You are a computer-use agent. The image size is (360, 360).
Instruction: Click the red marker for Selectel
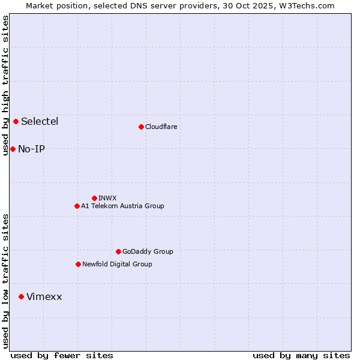point(16,122)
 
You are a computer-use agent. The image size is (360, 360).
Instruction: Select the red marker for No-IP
point(13,149)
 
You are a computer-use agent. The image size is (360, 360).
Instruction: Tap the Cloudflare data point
point(141,127)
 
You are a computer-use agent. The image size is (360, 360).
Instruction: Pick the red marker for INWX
point(94,198)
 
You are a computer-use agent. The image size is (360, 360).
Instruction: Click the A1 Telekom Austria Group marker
point(77,206)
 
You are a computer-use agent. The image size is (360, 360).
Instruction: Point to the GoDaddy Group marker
point(118,251)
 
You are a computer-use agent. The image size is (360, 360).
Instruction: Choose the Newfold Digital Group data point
point(78,264)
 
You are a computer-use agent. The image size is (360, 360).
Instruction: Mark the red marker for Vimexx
point(22,296)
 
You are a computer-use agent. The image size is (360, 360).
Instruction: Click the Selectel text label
point(40,122)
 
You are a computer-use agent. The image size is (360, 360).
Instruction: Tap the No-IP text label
point(31,149)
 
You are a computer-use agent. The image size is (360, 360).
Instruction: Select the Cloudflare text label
point(161,127)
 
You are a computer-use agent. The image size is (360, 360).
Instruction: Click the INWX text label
point(107,198)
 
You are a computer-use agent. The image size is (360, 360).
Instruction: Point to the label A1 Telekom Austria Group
point(122,206)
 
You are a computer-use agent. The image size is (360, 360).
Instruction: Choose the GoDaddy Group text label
point(148,251)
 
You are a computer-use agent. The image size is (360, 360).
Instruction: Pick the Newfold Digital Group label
point(117,264)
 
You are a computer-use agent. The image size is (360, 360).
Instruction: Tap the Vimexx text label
point(44,296)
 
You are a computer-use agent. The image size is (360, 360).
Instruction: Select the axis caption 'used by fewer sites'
point(62,355)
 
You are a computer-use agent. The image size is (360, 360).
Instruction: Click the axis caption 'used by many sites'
point(301,355)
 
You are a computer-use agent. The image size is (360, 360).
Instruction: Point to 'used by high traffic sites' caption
point(5,85)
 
